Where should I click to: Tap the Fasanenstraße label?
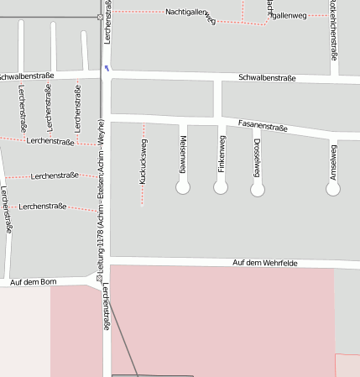point(263,126)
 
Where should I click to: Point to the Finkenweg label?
point(222,154)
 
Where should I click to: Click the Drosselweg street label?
point(257,157)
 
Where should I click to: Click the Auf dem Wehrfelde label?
point(265,263)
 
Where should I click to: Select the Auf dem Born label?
point(33,283)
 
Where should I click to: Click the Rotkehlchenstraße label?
point(334,29)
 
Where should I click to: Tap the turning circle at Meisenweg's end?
point(183,188)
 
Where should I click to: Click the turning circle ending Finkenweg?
point(221,188)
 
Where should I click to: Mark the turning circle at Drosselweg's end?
point(258,190)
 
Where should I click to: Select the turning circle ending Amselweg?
point(333,189)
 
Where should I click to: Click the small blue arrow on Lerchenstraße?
point(107,68)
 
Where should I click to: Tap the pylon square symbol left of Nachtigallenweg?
point(101,17)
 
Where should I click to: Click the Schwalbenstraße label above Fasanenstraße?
point(267,78)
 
